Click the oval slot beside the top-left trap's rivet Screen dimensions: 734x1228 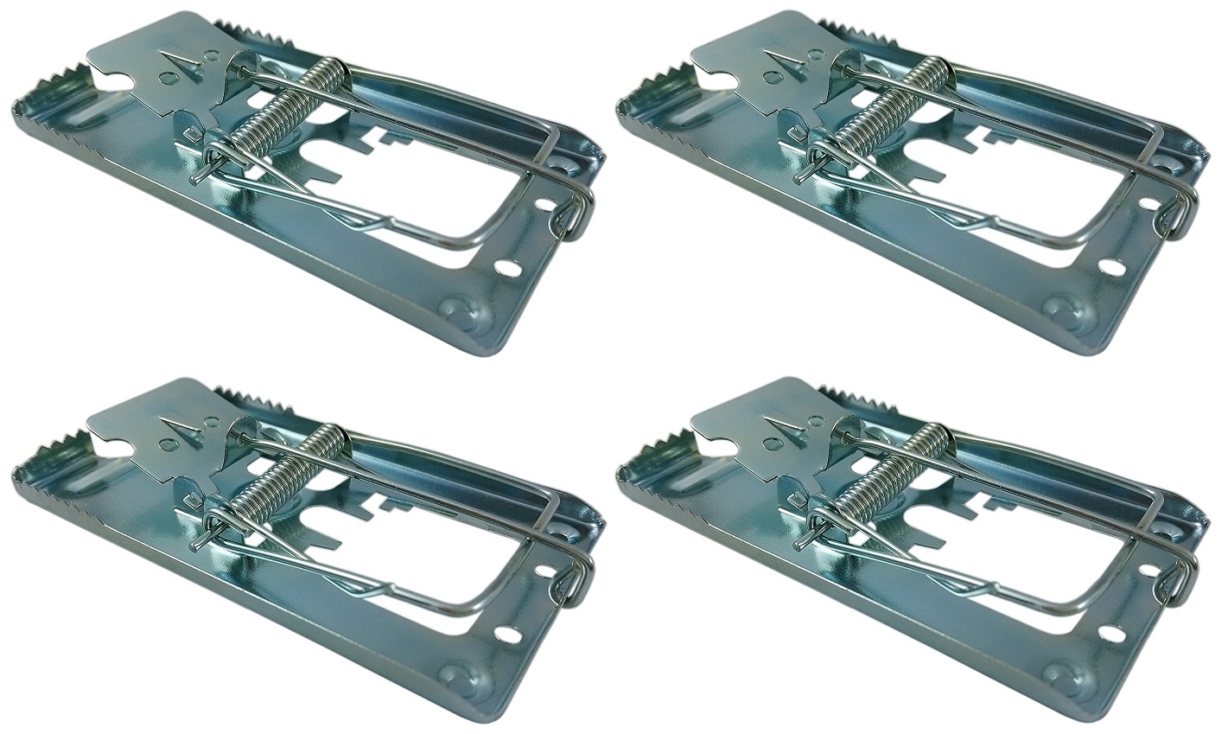[510, 269]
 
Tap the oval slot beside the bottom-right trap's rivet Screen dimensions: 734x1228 [1115, 635]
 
